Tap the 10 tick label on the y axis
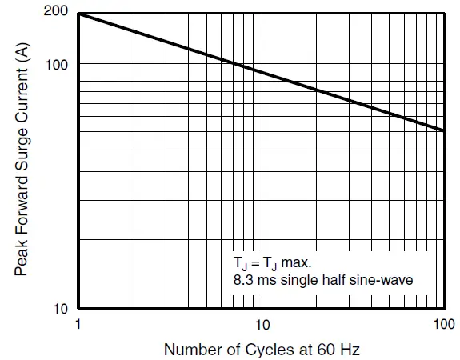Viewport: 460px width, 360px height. click(62, 308)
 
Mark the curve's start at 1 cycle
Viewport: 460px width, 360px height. click(78, 14)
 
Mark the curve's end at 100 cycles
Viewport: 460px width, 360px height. click(444, 130)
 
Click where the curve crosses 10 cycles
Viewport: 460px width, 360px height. click(261, 73)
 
